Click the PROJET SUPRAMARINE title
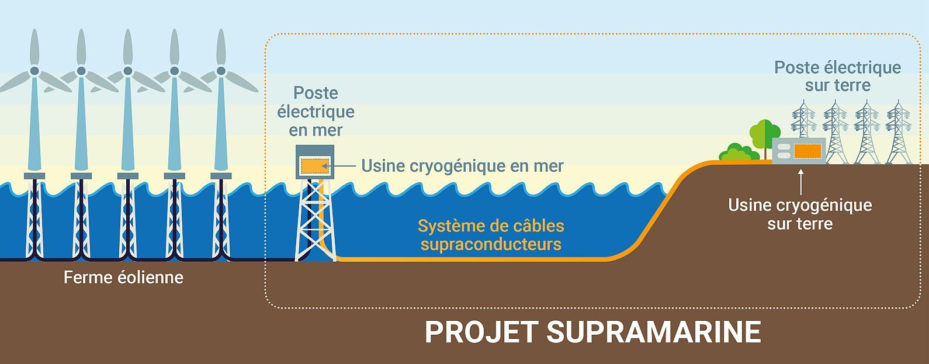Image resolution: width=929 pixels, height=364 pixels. pyautogui.click(x=592, y=332)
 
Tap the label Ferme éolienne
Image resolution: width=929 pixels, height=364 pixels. pyautogui.click(x=123, y=277)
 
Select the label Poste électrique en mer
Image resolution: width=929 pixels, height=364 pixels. pyautogui.click(x=316, y=111)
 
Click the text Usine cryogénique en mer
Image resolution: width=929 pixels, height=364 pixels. pyautogui.click(x=462, y=166)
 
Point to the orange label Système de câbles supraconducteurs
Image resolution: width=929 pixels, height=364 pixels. pyautogui.click(x=491, y=234)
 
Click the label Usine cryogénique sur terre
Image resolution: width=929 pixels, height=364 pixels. pyautogui.click(x=800, y=214)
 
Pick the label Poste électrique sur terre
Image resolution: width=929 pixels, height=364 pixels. pyautogui.click(x=837, y=76)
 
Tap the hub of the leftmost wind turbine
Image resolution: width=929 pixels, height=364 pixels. pyautogui.click(x=34, y=71)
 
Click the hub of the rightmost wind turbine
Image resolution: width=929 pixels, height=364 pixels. pyautogui.click(x=221, y=71)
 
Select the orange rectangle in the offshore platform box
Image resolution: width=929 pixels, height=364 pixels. pyautogui.click(x=315, y=166)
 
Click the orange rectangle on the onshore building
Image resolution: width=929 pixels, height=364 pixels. pyautogui.click(x=807, y=151)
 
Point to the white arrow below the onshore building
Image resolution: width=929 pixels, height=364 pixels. pyautogui.click(x=800, y=181)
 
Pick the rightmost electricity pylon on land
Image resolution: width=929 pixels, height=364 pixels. pyautogui.click(x=898, y=133)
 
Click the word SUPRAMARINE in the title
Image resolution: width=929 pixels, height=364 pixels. pyautogui.click(x=653, y=332)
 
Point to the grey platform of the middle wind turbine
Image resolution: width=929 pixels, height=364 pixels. pyautogui.click(x=128, y=176)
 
